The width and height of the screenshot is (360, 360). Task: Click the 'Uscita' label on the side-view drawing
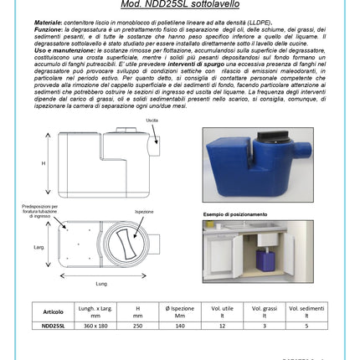click(x=152, y=120)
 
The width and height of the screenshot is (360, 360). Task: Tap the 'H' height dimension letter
click(x=44, y=164)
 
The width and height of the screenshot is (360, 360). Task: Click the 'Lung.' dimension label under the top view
click(x=102, y=284)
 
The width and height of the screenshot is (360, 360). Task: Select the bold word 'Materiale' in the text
click(x=49, y=21)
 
